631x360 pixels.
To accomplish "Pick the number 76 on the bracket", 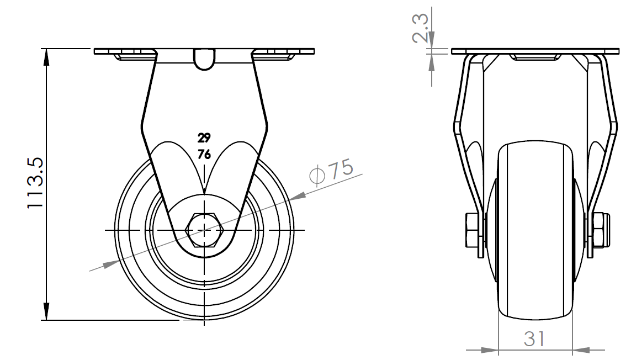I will [204, 155].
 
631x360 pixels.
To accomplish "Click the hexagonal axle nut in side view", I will [205, 229].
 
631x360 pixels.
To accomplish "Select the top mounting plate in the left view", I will [204, 51].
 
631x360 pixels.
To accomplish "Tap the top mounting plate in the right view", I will [534, 51].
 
